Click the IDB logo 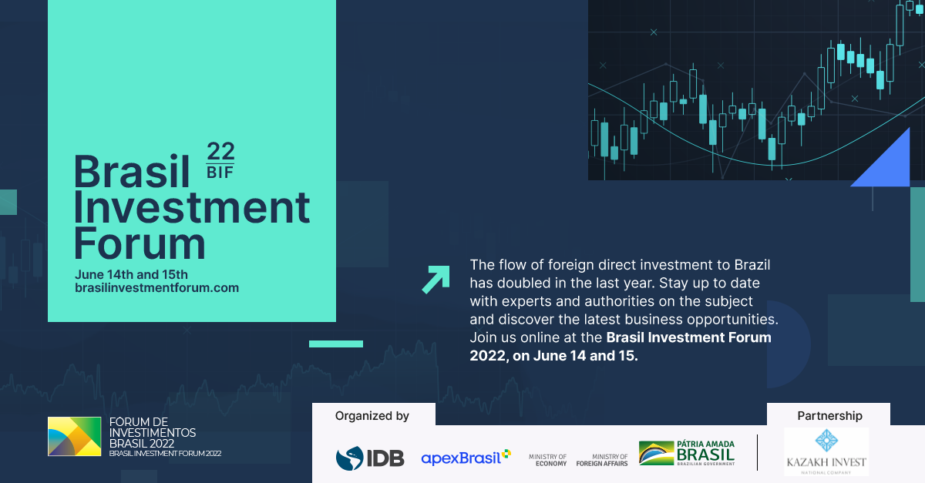pos(370,458)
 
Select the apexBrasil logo pos(466,458)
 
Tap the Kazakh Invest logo pos(826,451)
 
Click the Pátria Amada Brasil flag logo pos(687,453)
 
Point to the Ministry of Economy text pos(547,460)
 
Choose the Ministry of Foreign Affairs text pos(602,460)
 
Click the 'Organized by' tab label pos(372,416)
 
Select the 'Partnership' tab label pos(829,416)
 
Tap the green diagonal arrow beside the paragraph pos(436,280)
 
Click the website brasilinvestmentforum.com pos(157,288)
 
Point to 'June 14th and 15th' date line pos(131,274)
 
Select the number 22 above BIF pos(220,152)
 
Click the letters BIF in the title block pos(220,173)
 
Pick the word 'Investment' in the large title pos(192,207)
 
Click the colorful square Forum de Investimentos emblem pos(74,436)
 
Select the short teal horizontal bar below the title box pos(336,344)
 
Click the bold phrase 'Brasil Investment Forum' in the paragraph pos(689,337)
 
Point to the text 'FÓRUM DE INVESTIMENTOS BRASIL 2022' pos(153,433)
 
